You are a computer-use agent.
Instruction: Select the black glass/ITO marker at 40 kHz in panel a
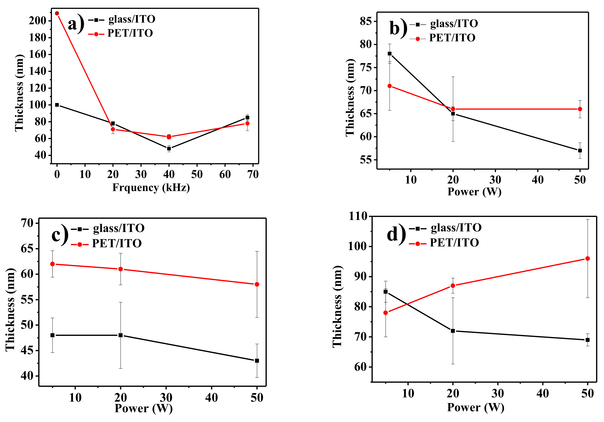[x=169, y=148]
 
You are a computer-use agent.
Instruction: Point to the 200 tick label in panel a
[x=37, y=21]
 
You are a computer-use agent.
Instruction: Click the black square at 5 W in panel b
[x=390, y=54]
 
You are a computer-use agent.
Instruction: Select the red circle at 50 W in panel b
[x=580, y=109]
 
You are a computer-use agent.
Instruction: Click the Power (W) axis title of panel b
[x=474, y=192]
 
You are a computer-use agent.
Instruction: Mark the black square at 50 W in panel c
[x=257, y=361]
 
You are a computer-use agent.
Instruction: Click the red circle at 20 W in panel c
[x=120, y=269]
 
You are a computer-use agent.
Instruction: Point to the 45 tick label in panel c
[x=27, y=351]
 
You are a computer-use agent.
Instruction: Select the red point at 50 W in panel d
[x=588, y=258]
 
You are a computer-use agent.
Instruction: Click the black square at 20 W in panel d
[x=453, y=331]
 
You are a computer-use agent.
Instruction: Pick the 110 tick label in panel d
[x=358, y=216]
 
